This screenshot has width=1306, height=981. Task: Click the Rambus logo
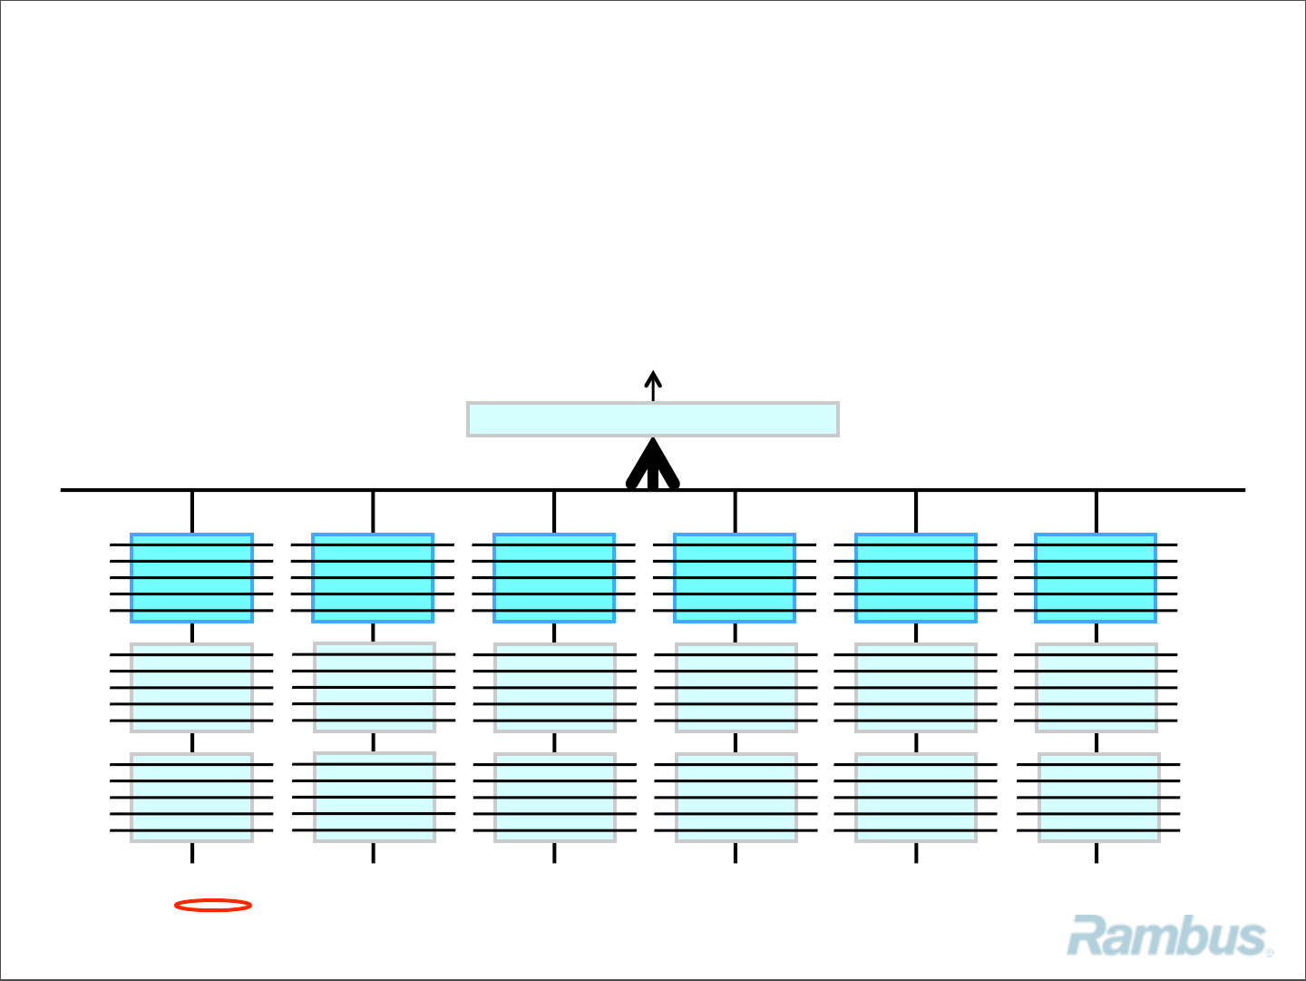tap(1170, 937)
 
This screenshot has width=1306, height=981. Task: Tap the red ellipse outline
tap(213, 905)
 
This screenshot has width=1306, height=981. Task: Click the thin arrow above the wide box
tap(653, 385)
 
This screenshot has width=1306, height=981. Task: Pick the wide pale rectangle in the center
tap(653, 419)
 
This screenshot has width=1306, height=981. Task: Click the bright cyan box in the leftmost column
tap(191, 578)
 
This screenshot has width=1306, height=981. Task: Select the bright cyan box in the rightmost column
tap(1096, 578)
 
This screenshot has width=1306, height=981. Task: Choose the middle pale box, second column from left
tap(374, 687)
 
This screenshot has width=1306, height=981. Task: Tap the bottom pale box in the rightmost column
tap(1098, 798)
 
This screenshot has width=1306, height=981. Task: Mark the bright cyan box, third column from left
tap(554, 578)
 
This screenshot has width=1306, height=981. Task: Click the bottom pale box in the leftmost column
tap(191, 798)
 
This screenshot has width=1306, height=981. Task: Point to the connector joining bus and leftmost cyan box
tap(192, 512)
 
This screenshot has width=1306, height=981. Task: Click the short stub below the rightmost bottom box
tap(1096, 853)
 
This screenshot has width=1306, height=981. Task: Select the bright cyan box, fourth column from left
tap(735, 578)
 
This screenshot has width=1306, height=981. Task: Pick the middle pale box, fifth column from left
tap(916, 688)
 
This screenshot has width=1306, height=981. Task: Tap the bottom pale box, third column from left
tap(555, 798)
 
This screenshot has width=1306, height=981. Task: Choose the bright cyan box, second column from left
tap(373, 578)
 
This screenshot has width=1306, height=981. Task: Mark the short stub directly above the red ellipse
tap(192, 853)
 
